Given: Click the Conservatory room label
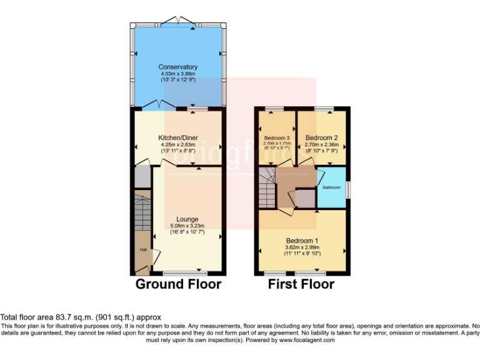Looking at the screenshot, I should point(178,67).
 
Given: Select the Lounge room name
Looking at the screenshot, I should point(187,219).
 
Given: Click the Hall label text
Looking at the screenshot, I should point(142,251).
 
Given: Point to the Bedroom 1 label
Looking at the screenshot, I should point(302,241).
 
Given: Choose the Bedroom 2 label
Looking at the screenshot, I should point(322,137).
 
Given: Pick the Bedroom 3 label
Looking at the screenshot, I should point(276,137).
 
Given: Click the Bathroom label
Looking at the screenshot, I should point(331,187).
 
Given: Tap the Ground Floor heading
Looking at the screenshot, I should point(179,284).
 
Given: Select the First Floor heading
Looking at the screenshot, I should point(301,284).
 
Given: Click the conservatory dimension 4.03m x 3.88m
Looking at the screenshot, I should point(178,74).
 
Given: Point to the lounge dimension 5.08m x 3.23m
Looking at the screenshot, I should point(187,226).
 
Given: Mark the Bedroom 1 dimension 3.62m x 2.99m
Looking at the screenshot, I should point(302,247).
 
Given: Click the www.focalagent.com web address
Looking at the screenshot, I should point(307,340).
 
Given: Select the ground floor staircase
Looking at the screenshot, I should point(142,212).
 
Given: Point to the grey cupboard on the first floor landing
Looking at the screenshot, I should point(306,198).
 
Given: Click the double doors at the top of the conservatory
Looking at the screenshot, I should point(179,20).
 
